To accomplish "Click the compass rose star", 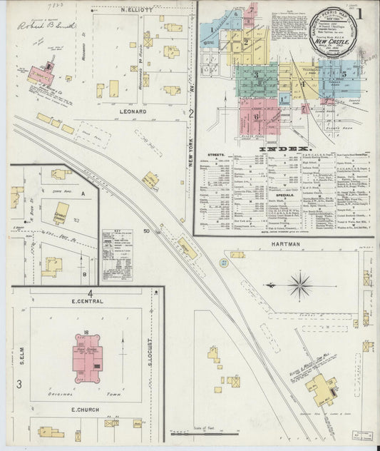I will (300, 285).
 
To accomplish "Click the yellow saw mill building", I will (320, 387).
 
